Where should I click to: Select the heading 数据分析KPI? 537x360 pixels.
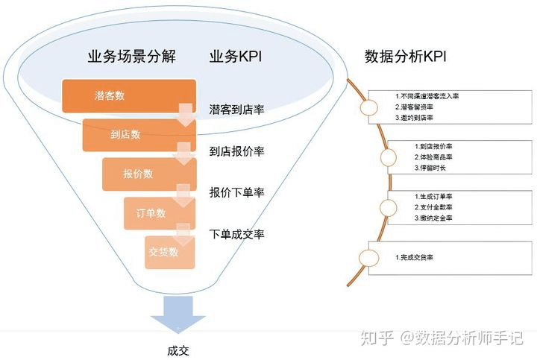pyautogui.click(x=406, y=57)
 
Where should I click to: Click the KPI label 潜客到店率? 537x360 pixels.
pyautogui.click(x=237, y=111)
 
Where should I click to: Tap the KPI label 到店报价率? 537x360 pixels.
pyautogui.click(x=237, y=151)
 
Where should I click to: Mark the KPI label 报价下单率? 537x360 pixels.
pyautogui.click(x=237, y=192)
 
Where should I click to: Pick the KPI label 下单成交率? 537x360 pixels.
pyautogui.click(x=237, y=234)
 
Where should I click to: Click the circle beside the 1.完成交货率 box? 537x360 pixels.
pyautogui.click(x=368, y=257)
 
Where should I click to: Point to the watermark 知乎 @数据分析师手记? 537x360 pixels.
pyautogui.click(x=440, y=338)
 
